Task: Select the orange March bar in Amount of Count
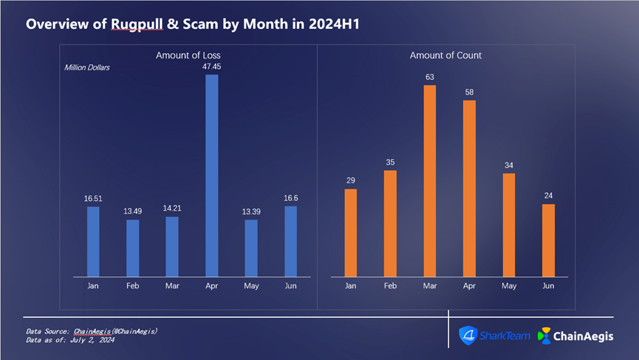(x=430, y=181)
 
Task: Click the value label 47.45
(x=211, y=66)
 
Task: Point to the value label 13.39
(x=251, y=211)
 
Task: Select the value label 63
(x=430, y=77)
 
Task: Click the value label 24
(x=548, y=195)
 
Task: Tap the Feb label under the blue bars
(x=132, y=285)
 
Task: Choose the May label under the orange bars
(x=509, y=285)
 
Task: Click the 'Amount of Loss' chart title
(x=188, y=55)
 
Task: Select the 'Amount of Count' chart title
(x=446, y=55)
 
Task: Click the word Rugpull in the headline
(x=136, y=24)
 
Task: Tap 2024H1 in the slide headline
(x=333, y=24)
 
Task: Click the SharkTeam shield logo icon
(x=468, y=336)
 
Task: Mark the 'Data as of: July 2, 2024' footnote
(x=70, y=340)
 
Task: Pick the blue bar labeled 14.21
(x=172, y=247)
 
